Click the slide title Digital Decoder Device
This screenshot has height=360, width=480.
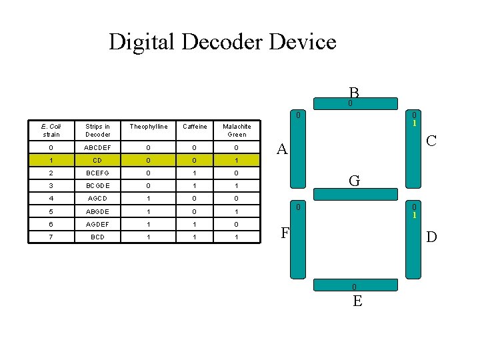tap(222, 42)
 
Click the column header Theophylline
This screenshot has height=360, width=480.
tap(149, 126)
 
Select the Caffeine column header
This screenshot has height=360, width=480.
tap(195, 126)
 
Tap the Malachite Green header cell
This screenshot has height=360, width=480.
tap(237, 130)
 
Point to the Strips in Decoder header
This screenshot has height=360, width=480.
tap(98, 130)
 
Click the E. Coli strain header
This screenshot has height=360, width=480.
tap(51, 130)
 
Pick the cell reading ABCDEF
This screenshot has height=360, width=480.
tap(98, 147)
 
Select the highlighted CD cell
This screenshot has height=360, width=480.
tap(98, 160)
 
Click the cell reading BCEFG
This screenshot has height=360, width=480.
tap(98, 173)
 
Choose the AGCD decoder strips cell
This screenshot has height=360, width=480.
tap(98, 199)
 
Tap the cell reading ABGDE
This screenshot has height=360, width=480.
tap(98, 211)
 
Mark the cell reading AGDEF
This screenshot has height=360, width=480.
tap(98, 225)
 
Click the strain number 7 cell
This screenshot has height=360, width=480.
tap(51, 237)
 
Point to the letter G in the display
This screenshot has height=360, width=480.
tap(355, 181)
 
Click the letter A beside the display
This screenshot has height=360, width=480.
tap(282, 150)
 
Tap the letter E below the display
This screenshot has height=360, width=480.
tap(357, 301)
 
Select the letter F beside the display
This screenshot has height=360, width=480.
tap(285, 233)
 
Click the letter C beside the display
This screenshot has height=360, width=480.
tap(432, 141)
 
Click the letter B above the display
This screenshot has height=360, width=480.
tap(353, 93)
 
